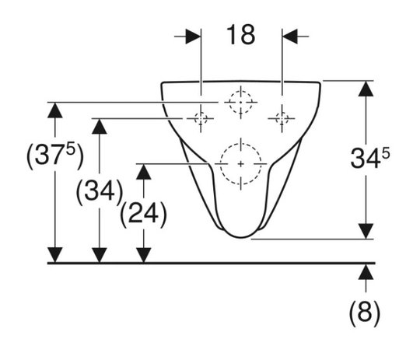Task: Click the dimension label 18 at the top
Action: (x=240, y=35)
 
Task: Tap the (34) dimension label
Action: (x=100, y=191)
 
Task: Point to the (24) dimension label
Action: (x=144, y=214)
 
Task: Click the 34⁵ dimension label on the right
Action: (x=370, y=158)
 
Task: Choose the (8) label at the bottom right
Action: (x=365, y=313)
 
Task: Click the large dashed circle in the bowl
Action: (x=240, y=163)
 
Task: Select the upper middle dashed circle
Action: (x=240, y=102)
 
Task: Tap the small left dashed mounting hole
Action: (x=201, y=118)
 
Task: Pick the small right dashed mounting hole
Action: (x=282, y=118)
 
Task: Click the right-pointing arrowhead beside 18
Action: (x=193, y=37)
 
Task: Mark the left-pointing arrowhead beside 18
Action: (x=290, y=37)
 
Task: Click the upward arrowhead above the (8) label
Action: (x=366, y=273)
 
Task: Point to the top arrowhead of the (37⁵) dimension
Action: (x=55, y=110)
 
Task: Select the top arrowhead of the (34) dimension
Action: (x=100, y=126)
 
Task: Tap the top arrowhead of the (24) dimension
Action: (x=144, y=172)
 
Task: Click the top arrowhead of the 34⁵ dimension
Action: (x=366, y=89)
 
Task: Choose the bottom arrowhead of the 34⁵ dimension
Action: (x=366, y=231)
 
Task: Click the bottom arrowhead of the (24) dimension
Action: (x=144, y=255)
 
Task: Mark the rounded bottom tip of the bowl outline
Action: (x=241, y=237)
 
